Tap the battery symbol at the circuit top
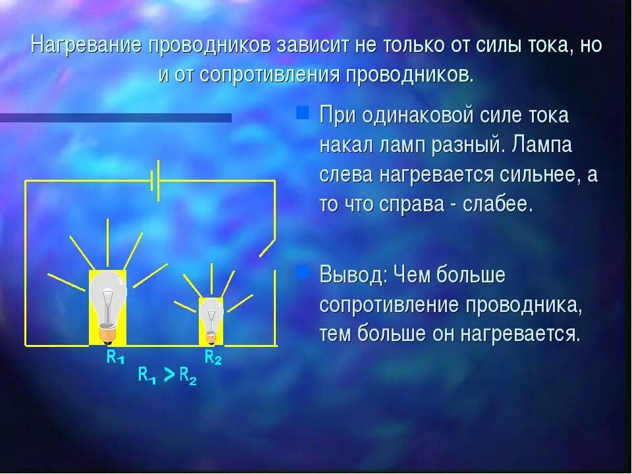pos(155,180)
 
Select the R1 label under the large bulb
pos(115,357)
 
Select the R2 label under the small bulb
pos(213,357)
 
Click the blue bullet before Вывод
pos(302,272)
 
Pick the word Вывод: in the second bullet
pos(352,275)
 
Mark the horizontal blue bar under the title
pos(116,118)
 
